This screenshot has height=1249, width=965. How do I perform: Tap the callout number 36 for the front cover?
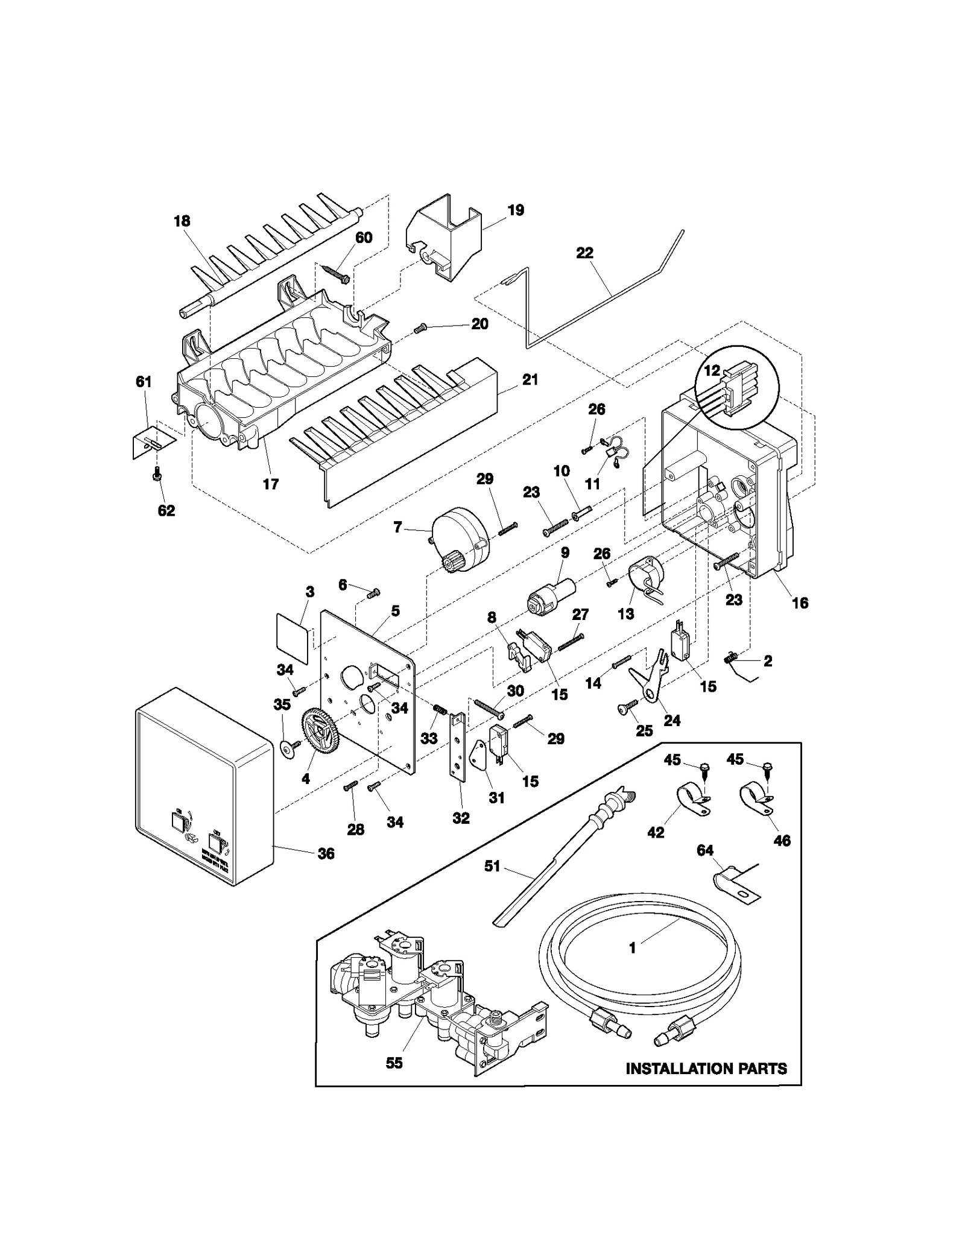(326, 853)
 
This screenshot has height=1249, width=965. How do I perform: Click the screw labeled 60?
(335, 272)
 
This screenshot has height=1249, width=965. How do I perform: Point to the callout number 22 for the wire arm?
(584, 253)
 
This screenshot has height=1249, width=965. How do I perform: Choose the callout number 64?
(704, 850)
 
